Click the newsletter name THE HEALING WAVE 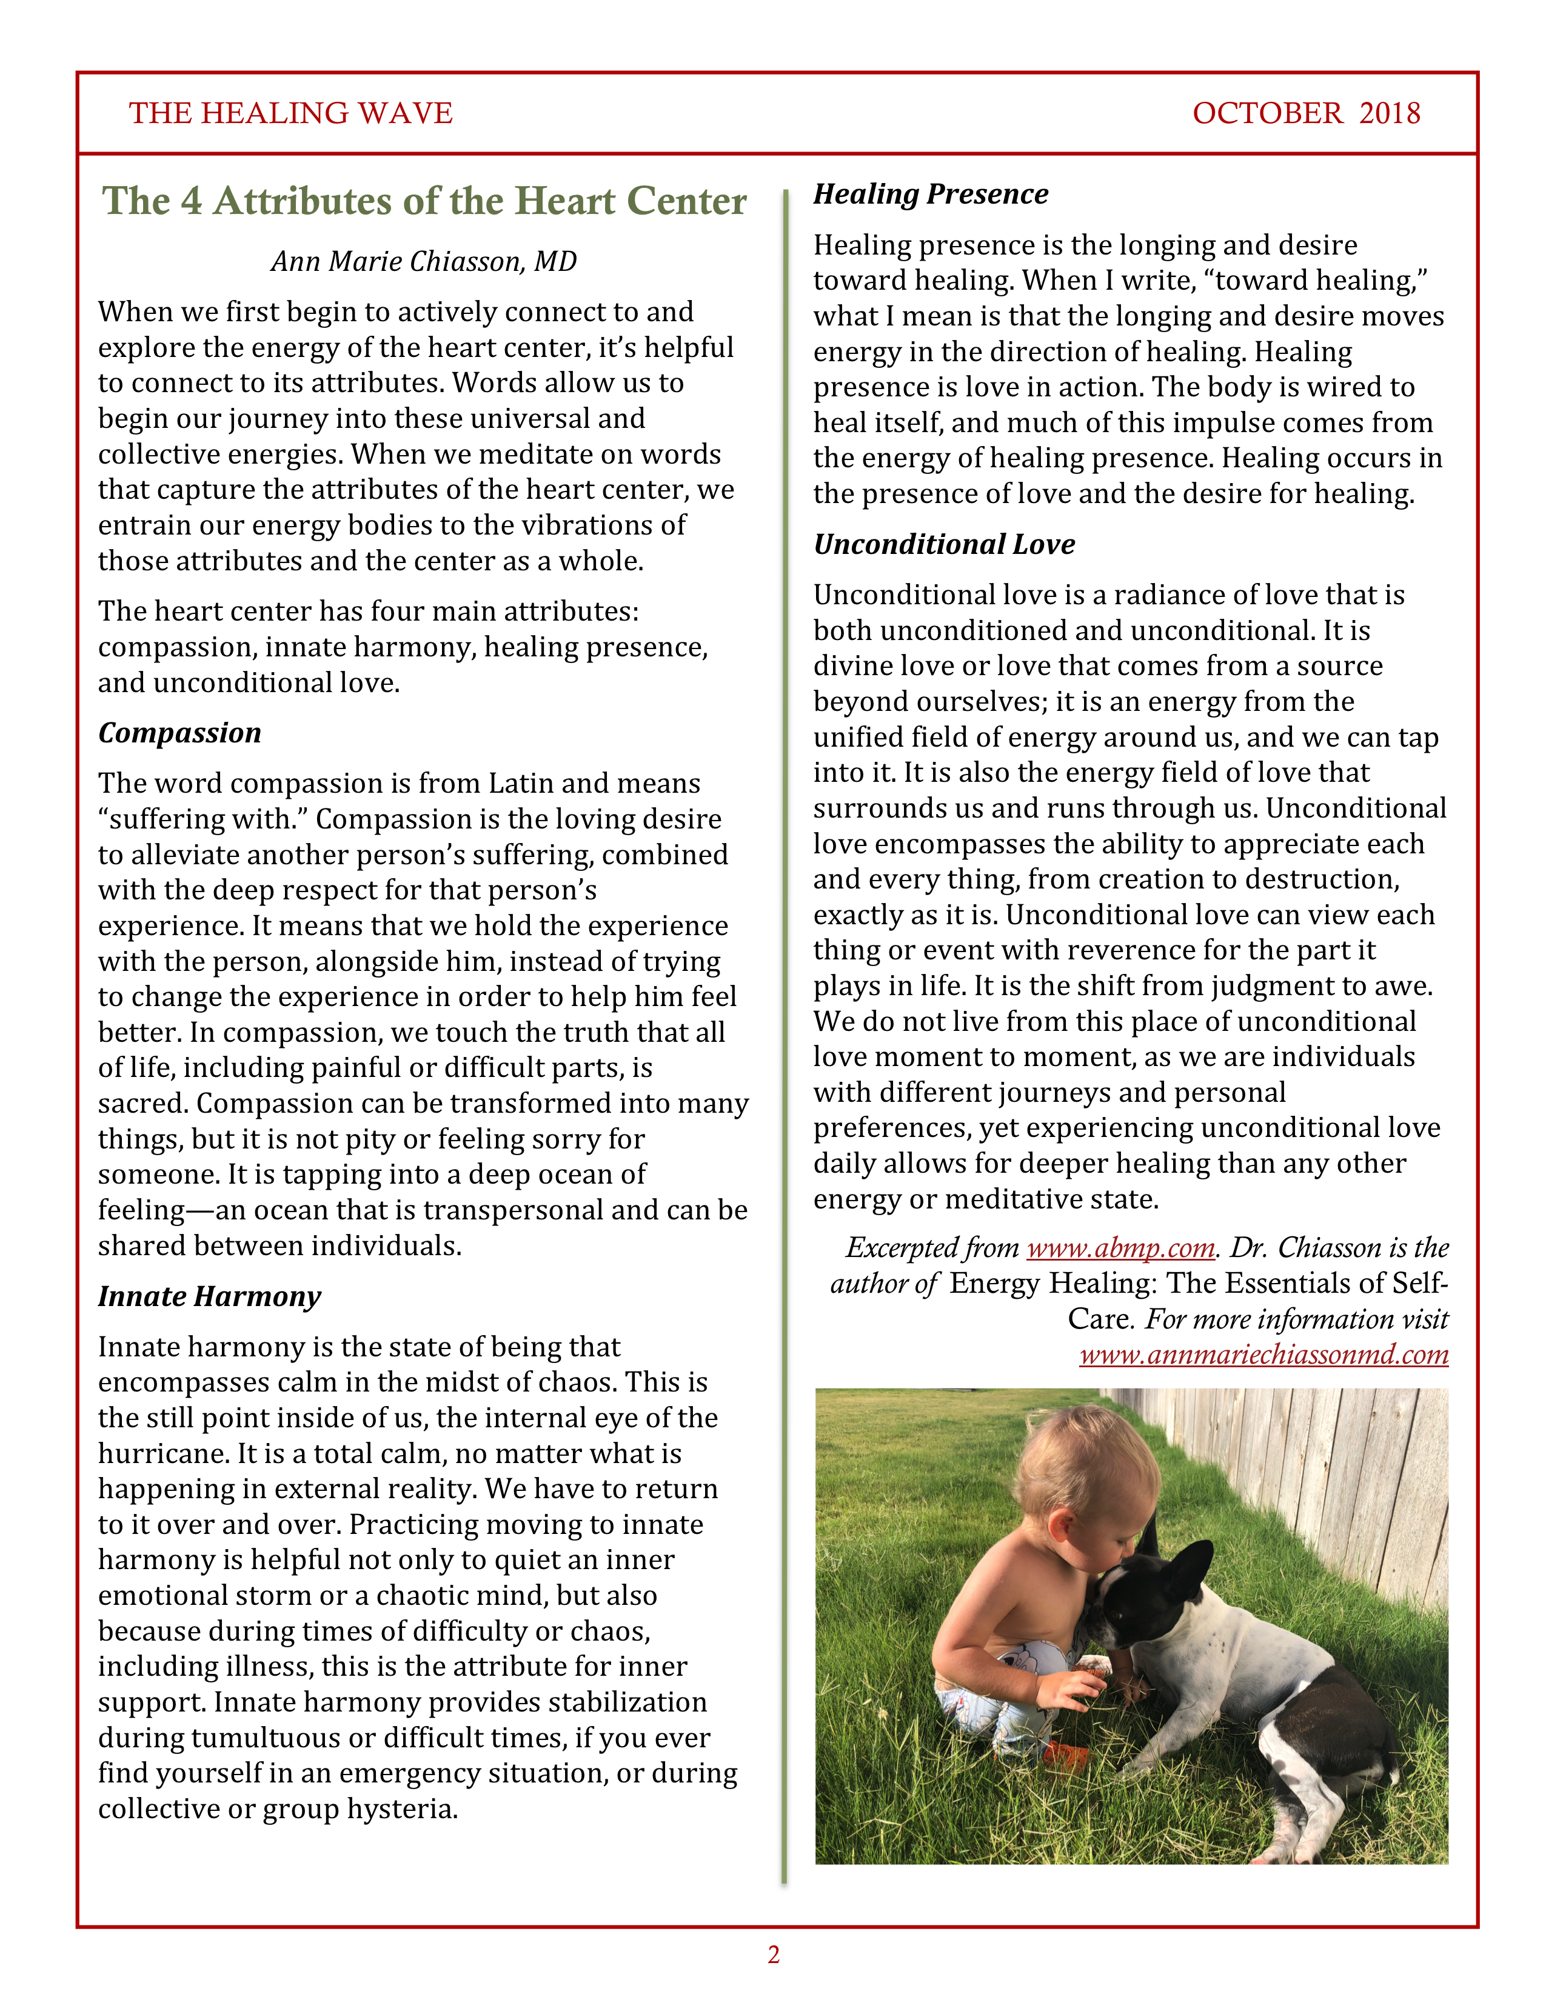click(290, 113)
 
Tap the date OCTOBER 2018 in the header click(1305, 113)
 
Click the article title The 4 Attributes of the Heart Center click(424, 201)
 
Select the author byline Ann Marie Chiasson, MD click(423, 262)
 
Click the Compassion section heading click(179, 733)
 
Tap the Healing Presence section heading click(931, 194)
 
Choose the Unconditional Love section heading click(943, 544)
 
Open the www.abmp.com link click(1120, 1248)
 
